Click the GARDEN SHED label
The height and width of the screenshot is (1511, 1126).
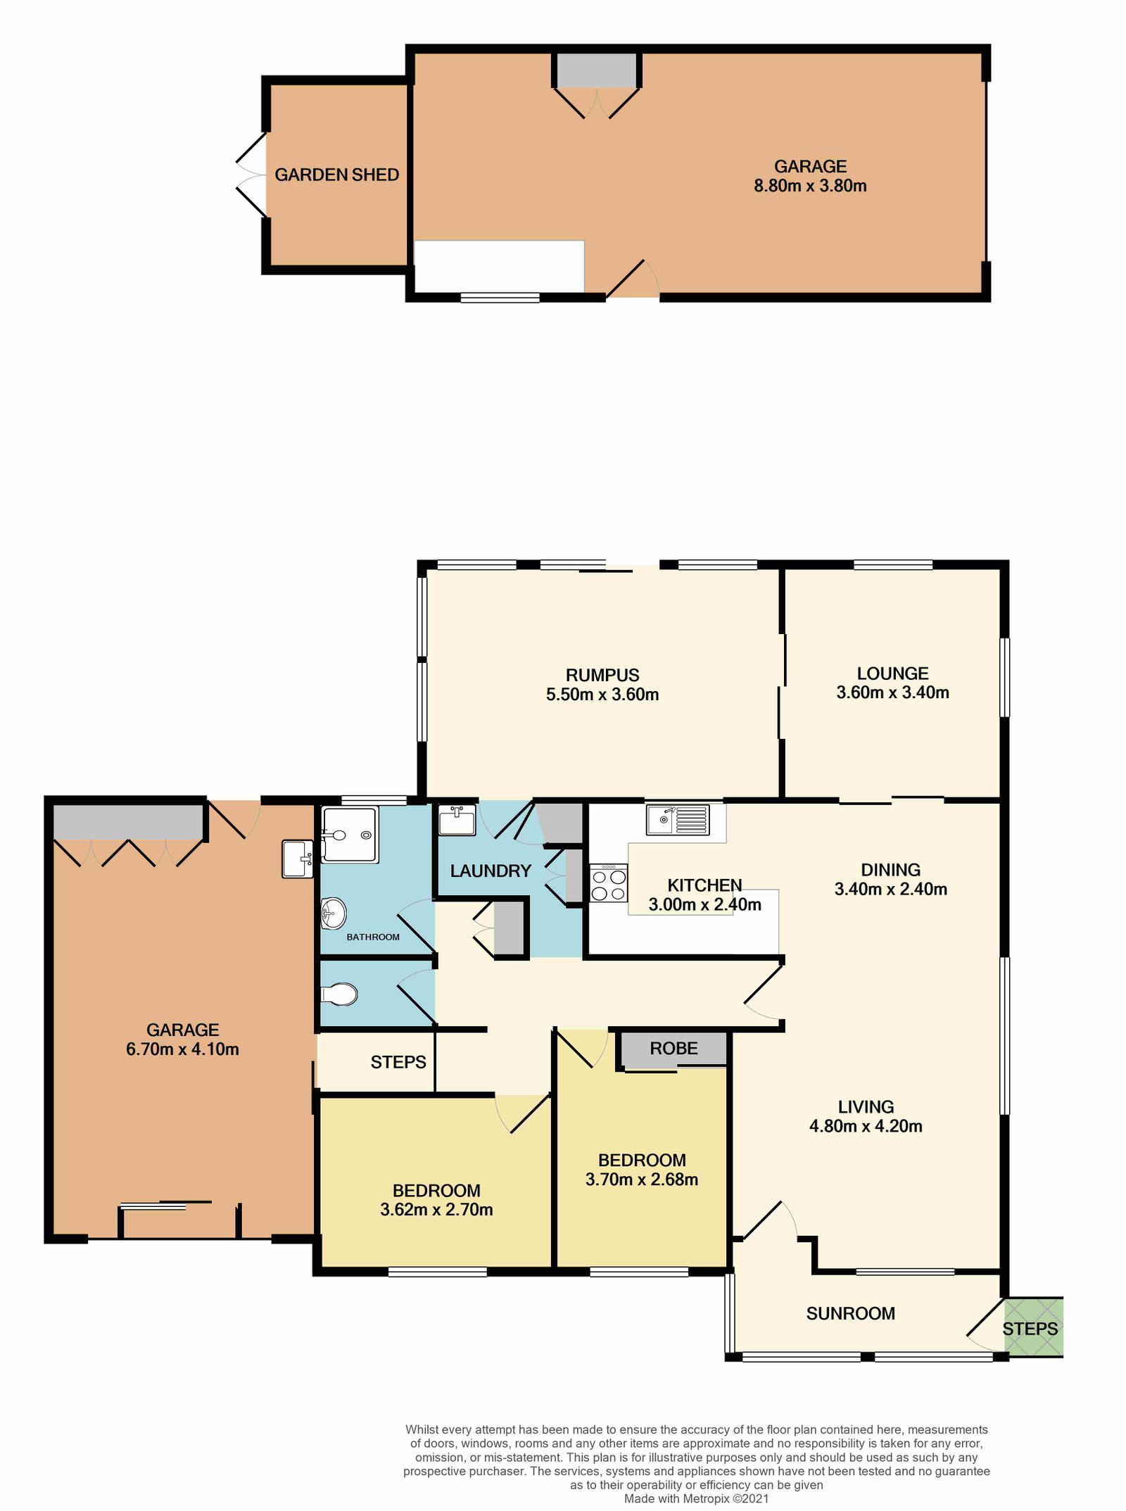click(x=336, y=175)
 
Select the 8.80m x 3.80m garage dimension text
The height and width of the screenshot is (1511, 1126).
click(x=810, y=186)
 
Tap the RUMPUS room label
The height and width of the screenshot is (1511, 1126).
click(x=602, y=675)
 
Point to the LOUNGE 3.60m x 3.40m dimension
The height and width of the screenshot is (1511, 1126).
click(x=892, y=693)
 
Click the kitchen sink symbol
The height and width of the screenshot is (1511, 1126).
click(x=678, y=820)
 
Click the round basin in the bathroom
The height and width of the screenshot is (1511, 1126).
click(x=334, y=913)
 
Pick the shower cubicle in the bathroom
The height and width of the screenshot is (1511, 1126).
click(x=350, y=835)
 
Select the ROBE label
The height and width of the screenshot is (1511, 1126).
click(x=673, y=1049)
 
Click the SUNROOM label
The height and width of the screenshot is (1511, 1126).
click(x=850, y=1313)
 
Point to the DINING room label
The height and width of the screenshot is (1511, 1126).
click(x=890, y=870)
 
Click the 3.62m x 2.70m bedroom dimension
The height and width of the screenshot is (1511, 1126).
click(x=436, y=1210)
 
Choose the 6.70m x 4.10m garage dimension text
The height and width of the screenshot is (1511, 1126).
click(x=182, y=1049)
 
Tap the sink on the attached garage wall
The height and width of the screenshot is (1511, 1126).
click(x=298, y=859)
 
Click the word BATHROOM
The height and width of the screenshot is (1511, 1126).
click(x=372, y=937)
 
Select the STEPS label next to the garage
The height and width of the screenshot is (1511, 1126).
click(x=398, y=1062)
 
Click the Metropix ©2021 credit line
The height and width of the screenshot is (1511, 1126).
click(x=696, y=1499)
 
